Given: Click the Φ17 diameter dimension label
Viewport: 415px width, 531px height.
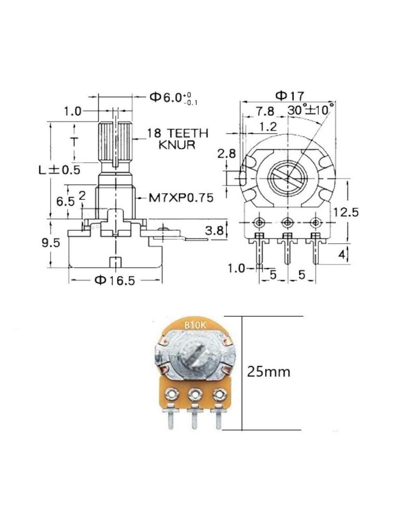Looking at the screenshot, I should click(289, 95).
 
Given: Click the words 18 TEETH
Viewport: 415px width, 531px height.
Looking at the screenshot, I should click(177, 133).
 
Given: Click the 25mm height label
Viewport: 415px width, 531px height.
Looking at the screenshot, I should click(269, 371).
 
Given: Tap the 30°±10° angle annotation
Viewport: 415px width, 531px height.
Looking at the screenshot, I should click(311, 110).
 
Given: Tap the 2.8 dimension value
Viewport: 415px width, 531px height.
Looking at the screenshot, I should click(227, 153).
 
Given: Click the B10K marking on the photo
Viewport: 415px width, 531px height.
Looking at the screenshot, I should click(195, 326).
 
